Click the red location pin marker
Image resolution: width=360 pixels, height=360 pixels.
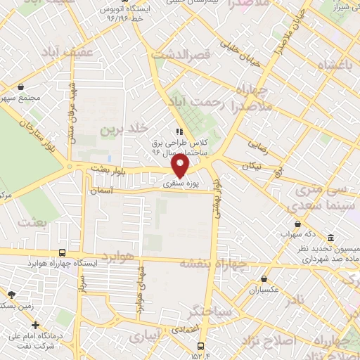[181, 165]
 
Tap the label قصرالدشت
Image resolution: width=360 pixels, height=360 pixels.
[188, 54]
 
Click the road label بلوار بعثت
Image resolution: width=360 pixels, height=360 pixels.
[108, 169]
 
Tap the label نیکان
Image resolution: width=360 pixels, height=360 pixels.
[251, 166]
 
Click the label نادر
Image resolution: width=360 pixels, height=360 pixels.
[297, 300]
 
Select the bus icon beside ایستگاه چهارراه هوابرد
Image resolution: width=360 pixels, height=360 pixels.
[63, 253]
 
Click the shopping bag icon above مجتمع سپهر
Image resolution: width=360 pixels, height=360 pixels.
[22, 87]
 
